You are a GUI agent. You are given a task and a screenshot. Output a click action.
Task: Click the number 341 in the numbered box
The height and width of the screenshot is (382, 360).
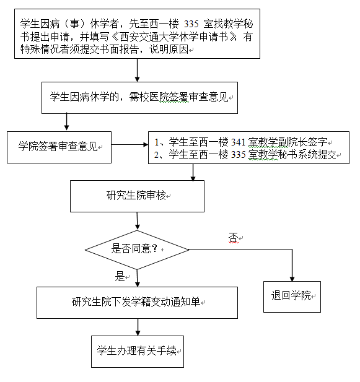[238, 142]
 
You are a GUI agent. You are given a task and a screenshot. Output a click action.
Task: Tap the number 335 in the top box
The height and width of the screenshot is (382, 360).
[191, 24]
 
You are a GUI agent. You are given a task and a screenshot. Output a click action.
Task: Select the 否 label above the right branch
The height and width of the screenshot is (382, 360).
[233, 237]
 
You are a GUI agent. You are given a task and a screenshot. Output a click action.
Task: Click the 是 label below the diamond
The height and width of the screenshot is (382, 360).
[120, 276]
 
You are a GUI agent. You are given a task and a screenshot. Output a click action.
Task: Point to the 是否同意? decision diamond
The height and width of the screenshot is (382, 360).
[137, 250]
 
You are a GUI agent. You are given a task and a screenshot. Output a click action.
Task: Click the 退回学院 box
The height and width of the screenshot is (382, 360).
[292, 297]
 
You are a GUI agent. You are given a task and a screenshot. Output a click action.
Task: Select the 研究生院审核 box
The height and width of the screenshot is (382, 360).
[137, 196]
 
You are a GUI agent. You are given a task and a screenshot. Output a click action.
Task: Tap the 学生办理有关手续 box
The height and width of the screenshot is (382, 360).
[138, 352]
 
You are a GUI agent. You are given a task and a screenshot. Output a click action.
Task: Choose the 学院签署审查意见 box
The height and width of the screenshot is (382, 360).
[59, 147]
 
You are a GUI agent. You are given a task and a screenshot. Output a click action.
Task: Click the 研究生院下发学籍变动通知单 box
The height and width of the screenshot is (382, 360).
[137, 303]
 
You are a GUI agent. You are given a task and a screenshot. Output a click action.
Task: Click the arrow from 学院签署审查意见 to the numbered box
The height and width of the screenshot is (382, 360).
[130, 145]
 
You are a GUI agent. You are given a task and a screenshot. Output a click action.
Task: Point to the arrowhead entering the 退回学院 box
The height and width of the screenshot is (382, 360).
[292, 279]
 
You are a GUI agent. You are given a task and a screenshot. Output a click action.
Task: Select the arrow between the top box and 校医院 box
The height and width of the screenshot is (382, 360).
[137, 70]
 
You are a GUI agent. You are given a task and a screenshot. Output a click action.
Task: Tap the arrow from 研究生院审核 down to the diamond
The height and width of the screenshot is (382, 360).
[137, 221]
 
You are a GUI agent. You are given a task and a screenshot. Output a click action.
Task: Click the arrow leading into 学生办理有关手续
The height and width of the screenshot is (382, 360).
[138, 327]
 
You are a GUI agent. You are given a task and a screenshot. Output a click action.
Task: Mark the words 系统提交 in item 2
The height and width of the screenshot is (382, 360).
[317, 154]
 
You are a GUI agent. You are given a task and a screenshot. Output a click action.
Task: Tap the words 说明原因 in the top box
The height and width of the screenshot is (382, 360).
[169, 49]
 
